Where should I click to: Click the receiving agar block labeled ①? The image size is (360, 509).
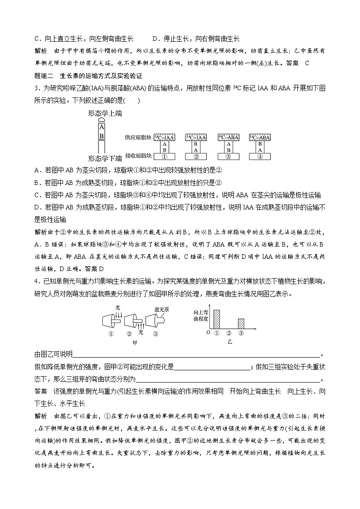point(165,157)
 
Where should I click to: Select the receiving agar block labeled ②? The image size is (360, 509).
point(196,157)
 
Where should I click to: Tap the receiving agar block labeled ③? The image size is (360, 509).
point(228,157)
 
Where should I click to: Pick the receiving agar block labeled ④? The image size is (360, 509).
point(260,157)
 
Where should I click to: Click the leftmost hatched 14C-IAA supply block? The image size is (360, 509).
point(165,137)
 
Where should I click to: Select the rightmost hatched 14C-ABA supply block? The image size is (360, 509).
point(260,137)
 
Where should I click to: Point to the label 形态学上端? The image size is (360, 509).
point(104,114)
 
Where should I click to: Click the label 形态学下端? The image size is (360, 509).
point(104,158)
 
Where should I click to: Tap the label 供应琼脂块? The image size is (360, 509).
point(138,137)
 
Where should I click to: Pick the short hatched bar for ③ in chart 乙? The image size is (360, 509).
point(241,324)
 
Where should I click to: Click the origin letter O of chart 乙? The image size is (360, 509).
point(208,333)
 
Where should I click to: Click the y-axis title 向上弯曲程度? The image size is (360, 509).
point(200,316)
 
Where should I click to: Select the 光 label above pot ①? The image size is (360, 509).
point(117,307)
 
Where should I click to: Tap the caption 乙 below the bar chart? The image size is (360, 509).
point(229,343)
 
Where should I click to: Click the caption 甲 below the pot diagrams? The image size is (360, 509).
point(134,343)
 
